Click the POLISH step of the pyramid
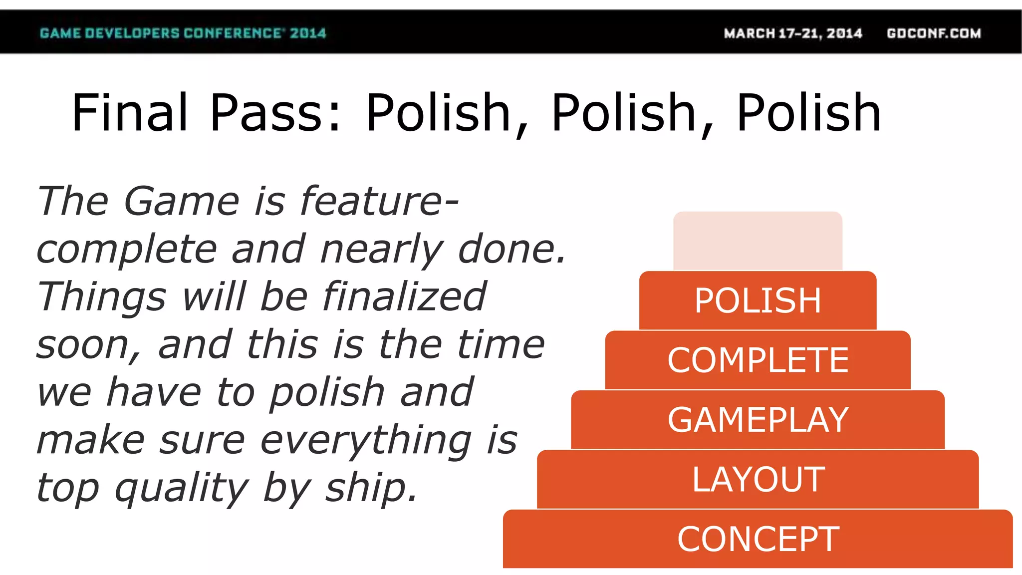pyautogui.click(x=758, y=300)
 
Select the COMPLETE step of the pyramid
pyautogui.click(x=758, y=360)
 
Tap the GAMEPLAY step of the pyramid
pyautogui.click(x=758, y=420)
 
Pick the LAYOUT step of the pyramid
pyautogui.click(x=758, y=480)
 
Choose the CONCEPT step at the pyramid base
pyautogui.click(x=758, y=539)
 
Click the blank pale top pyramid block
pyautogui.click(x=758, y=241)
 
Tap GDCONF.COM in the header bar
pyautogui.click(x=934, y=33)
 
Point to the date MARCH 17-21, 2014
pyautogui.click(x=793, y=33)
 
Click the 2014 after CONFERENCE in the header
pyautogui.click(x=308, y=33)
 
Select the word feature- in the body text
pyautogui.click(x=379, y=201)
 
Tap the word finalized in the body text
pyautogui.click(x=404, y=296)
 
